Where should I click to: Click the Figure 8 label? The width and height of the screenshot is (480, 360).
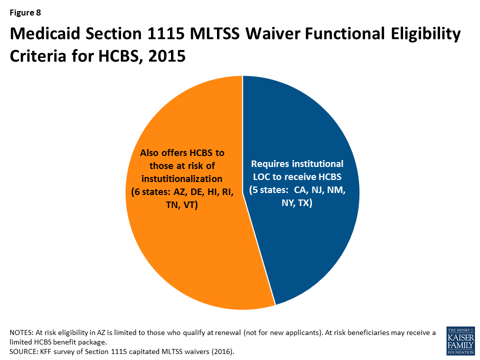(x=25, y=12)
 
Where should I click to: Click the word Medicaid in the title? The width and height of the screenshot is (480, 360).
(x=45, y=33)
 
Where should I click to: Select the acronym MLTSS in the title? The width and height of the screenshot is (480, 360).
(x=214, y=33)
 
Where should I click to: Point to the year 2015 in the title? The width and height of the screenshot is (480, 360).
(x=167, y=56)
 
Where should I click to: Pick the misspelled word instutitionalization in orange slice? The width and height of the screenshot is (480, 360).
(x=182, y=179)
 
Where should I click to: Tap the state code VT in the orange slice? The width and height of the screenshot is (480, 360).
(x=190, y=205)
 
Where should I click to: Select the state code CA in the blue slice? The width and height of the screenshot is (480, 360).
(x=300, y=190)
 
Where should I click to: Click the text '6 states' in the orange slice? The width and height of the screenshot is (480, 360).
(x=150, y=192)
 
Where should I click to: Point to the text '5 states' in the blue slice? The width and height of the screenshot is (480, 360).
(x=269, y=190)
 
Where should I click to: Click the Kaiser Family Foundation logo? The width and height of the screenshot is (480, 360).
(x=460, y=340)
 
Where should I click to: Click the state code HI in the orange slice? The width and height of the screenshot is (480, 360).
(x=212, y=192)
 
